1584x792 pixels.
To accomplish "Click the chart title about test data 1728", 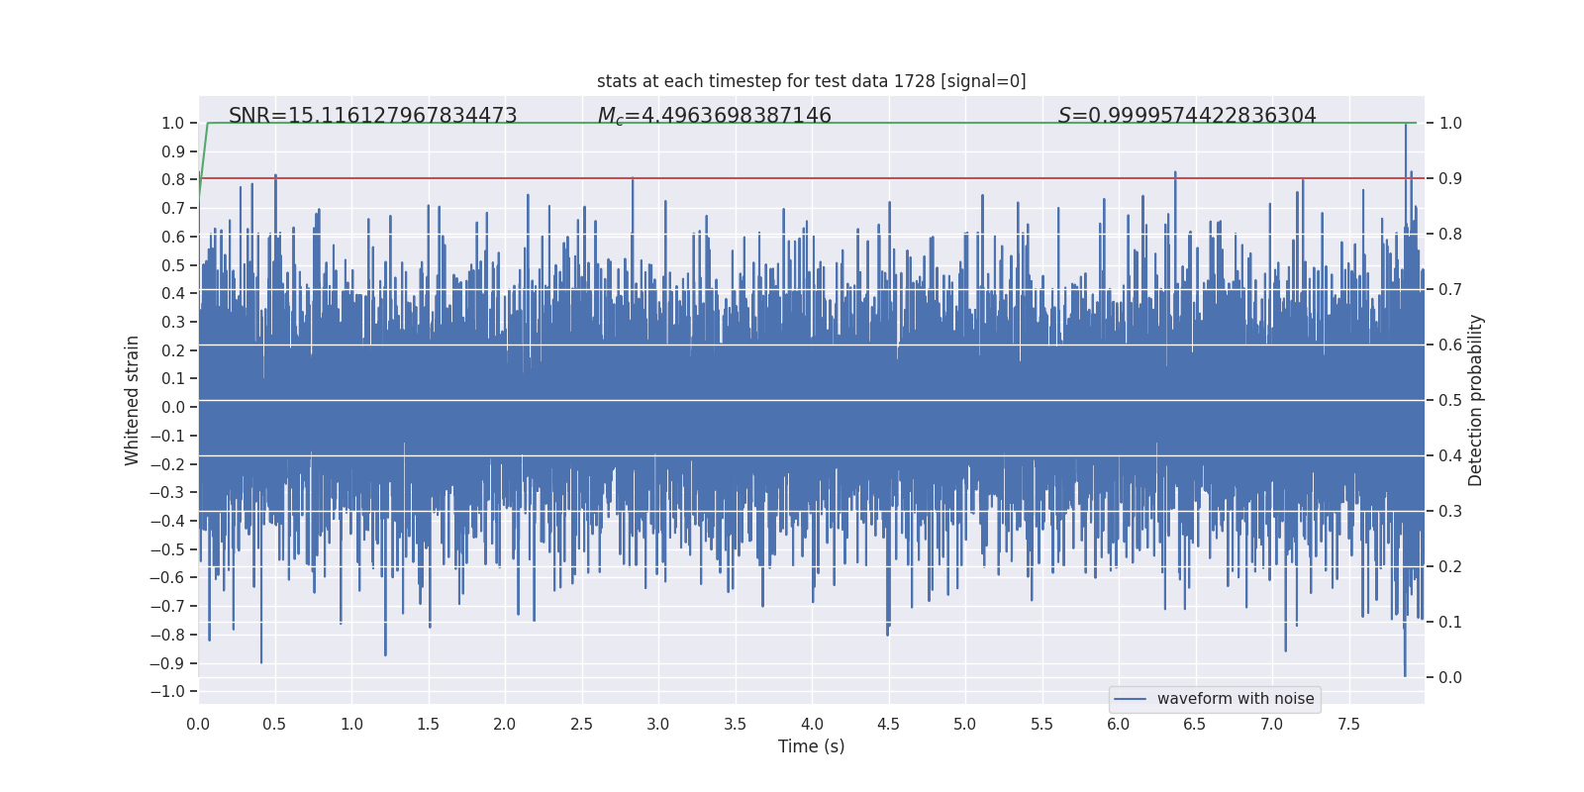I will [811, 81].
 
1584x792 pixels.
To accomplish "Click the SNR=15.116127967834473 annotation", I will [372, 116].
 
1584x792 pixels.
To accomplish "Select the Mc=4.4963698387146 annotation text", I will [714, 116].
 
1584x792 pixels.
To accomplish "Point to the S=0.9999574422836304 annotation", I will [1187, 116].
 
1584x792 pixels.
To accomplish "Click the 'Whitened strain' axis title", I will [133, 400].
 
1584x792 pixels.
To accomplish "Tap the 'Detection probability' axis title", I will [1476, 400].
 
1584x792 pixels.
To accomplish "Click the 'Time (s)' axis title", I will [811, 746].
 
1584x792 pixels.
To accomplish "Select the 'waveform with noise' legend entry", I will [1235, 699].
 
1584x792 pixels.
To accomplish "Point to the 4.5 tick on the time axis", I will [888, 724].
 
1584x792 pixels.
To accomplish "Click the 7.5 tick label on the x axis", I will [1348, 724].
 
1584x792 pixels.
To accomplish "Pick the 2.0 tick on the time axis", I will [505, 724].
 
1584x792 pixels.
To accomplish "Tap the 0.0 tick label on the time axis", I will [198, 724].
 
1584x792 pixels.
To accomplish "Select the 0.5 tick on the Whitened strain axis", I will [172, 265].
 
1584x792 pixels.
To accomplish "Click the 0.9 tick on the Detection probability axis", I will [1450, 179].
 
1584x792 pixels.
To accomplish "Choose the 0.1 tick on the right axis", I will [1450, 623].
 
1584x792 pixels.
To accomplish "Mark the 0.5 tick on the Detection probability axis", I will [1450, 401].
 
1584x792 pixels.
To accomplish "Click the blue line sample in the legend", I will [1130, 699].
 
